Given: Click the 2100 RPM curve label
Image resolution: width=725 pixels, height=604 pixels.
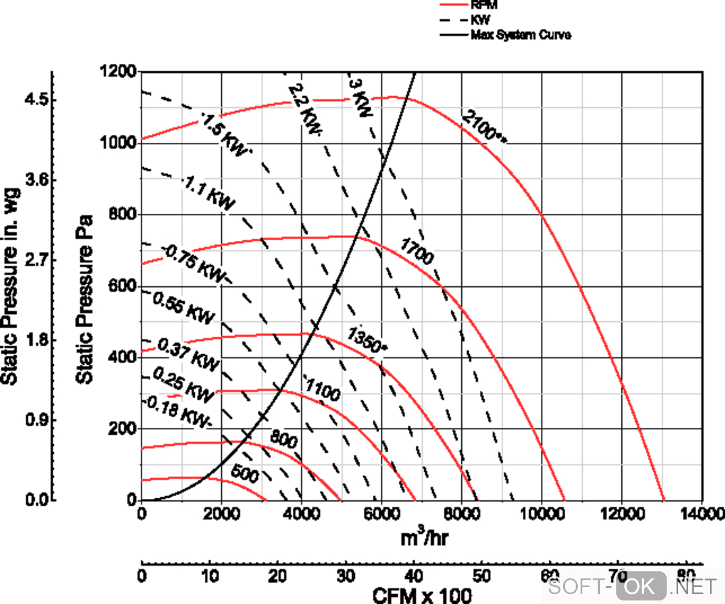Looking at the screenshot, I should click(x=483, y=126).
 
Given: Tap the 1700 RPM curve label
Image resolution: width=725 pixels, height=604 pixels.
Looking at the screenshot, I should click(x=417, y=252).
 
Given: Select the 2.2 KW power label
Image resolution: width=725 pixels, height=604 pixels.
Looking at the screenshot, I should click(x=305, y=109).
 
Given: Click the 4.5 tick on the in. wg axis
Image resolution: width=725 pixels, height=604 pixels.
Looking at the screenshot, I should click(x=36, y=100).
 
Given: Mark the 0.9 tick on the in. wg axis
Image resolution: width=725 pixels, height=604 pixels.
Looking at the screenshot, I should click(x=36, y=420).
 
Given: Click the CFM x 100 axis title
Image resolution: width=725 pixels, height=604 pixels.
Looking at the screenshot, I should click(x=421, y=593).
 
